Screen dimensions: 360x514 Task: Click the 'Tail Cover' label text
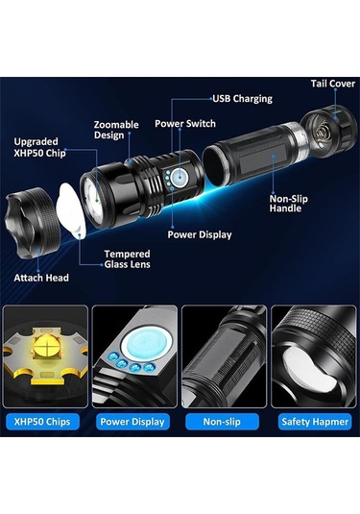[x=333, y=84]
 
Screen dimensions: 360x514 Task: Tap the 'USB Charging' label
[x=243, y=99]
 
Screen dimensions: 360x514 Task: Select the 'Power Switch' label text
[x=185, y=124]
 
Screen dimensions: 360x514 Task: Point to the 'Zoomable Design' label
[x=116, y=130]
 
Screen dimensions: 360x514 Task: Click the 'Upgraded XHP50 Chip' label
[x=39, y=147]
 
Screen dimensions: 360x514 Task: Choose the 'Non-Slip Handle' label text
[x=289, y=204]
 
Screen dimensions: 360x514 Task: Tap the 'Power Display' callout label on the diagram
[x=200, y=234]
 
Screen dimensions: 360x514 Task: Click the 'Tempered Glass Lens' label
[x=127, y=259]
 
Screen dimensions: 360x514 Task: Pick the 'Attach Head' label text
[x=41, y=278]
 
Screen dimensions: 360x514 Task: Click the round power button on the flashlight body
[x=180, y=177]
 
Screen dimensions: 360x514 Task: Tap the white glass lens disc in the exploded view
[x=71, y=209]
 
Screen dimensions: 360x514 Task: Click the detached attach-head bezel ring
[x=32, y=222]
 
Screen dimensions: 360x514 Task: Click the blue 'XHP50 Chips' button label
[x=42, y=422]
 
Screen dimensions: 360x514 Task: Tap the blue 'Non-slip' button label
[x=222, y=422]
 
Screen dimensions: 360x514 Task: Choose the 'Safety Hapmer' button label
[x=315, y=422]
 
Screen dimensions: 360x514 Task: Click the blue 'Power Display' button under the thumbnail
[x=132, y=422]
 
